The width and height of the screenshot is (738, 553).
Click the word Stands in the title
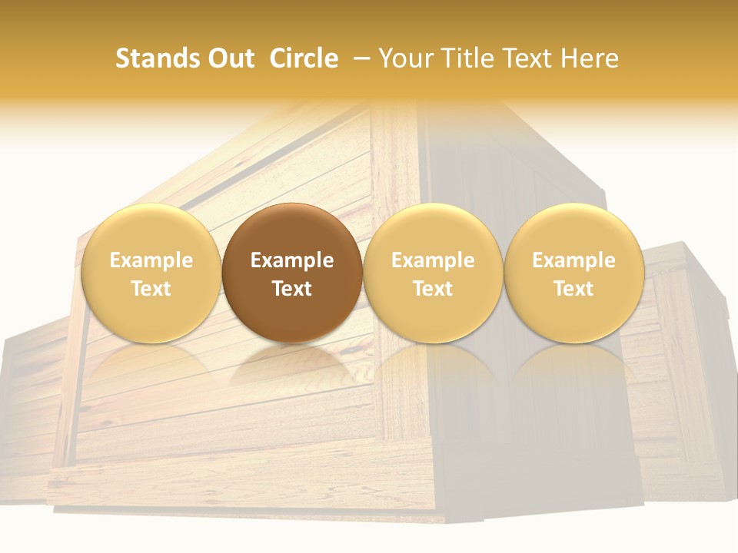155,58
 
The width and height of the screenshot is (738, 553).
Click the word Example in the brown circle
292,260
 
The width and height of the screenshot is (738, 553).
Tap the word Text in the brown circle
292,289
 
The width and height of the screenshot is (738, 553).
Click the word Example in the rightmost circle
573,260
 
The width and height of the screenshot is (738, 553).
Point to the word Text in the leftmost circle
151,289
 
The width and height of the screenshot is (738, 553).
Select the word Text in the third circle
433,289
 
